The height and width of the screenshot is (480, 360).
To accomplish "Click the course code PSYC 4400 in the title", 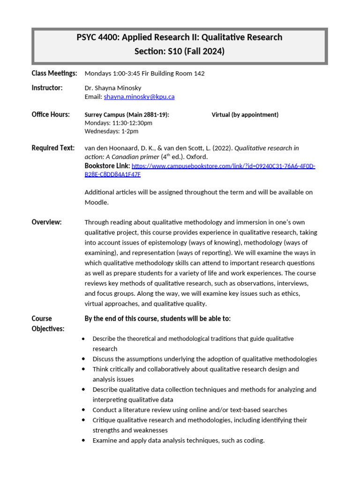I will coord(97,37).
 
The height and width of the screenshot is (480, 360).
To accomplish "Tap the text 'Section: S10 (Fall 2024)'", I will coord(180,52).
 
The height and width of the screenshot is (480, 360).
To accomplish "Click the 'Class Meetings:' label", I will coord(54,73).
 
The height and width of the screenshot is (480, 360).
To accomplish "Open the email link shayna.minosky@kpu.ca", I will coord(139,97).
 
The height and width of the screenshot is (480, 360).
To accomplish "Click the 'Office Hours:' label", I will coord(51,114).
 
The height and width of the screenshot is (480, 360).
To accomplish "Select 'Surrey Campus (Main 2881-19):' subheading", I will coord(127,115).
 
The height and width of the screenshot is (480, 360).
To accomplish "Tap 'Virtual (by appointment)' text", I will coord(245,115).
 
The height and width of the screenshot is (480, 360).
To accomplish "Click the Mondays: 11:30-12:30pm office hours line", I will coord(118,123).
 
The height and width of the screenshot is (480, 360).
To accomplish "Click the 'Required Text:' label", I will coord(53,148).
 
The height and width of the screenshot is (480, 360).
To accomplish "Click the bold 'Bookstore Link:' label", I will coord(107,166).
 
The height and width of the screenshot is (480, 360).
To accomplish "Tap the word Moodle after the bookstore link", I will coord(97,202).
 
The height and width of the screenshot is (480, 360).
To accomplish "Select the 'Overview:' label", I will coord(46,222).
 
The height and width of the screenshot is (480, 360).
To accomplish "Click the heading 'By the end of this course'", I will coord(157,319).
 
